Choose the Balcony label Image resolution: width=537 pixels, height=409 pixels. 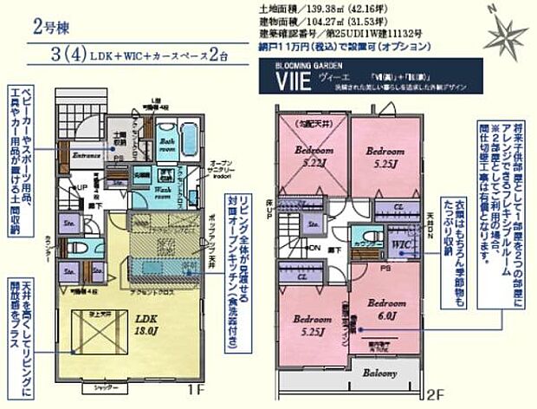click(x=379, y=373)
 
